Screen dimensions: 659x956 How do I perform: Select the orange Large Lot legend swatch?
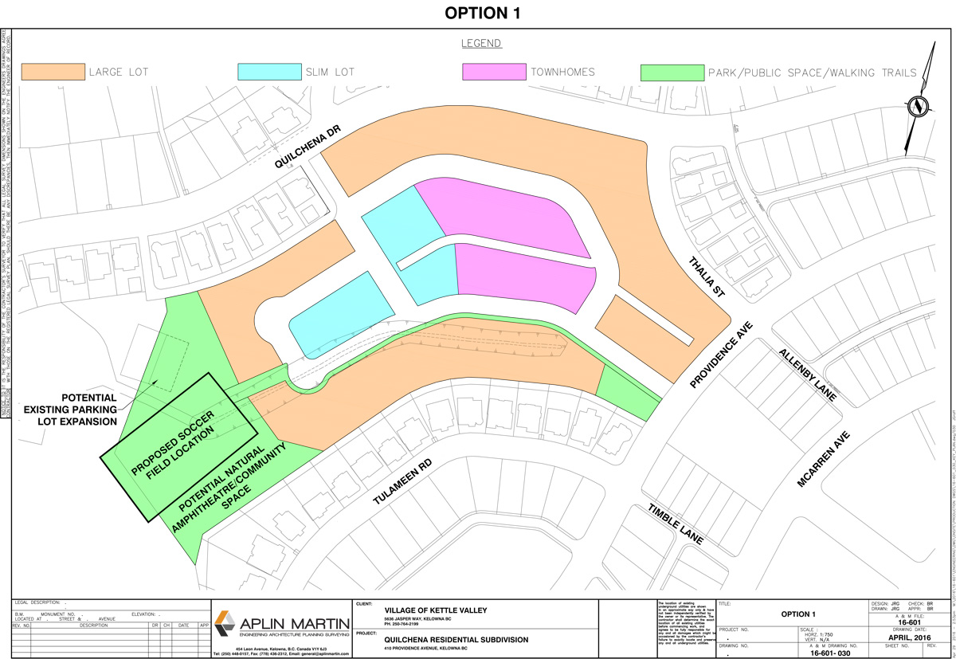click(x=53, y=71)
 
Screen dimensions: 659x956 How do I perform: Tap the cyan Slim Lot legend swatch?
click(x=269, y=71)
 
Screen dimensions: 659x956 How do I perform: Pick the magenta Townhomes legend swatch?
click(x=494, y=71)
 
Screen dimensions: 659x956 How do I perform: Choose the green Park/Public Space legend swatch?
click(x=672, y=71)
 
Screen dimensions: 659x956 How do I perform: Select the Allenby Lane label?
click(x=809, y=375)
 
